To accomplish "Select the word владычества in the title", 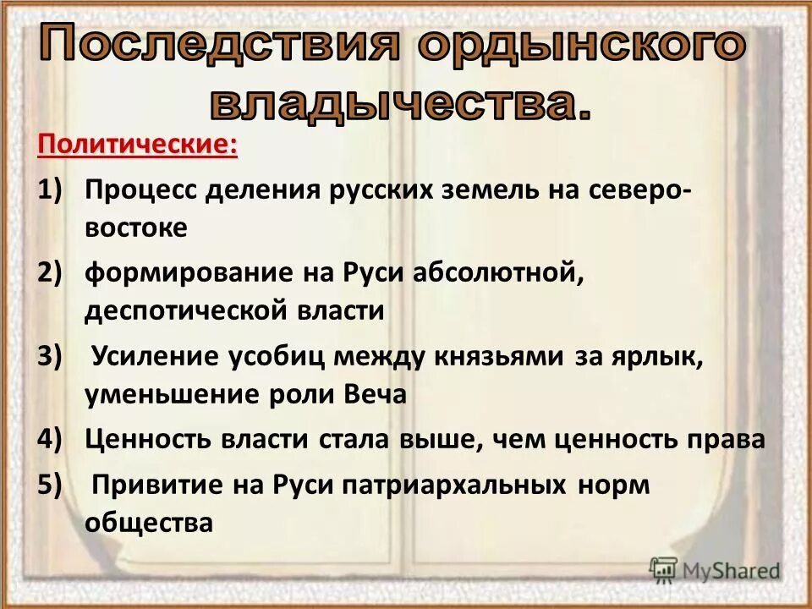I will tap(398, 102).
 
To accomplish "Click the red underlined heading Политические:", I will tap(137, 145).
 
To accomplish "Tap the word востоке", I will tap(135, 228).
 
